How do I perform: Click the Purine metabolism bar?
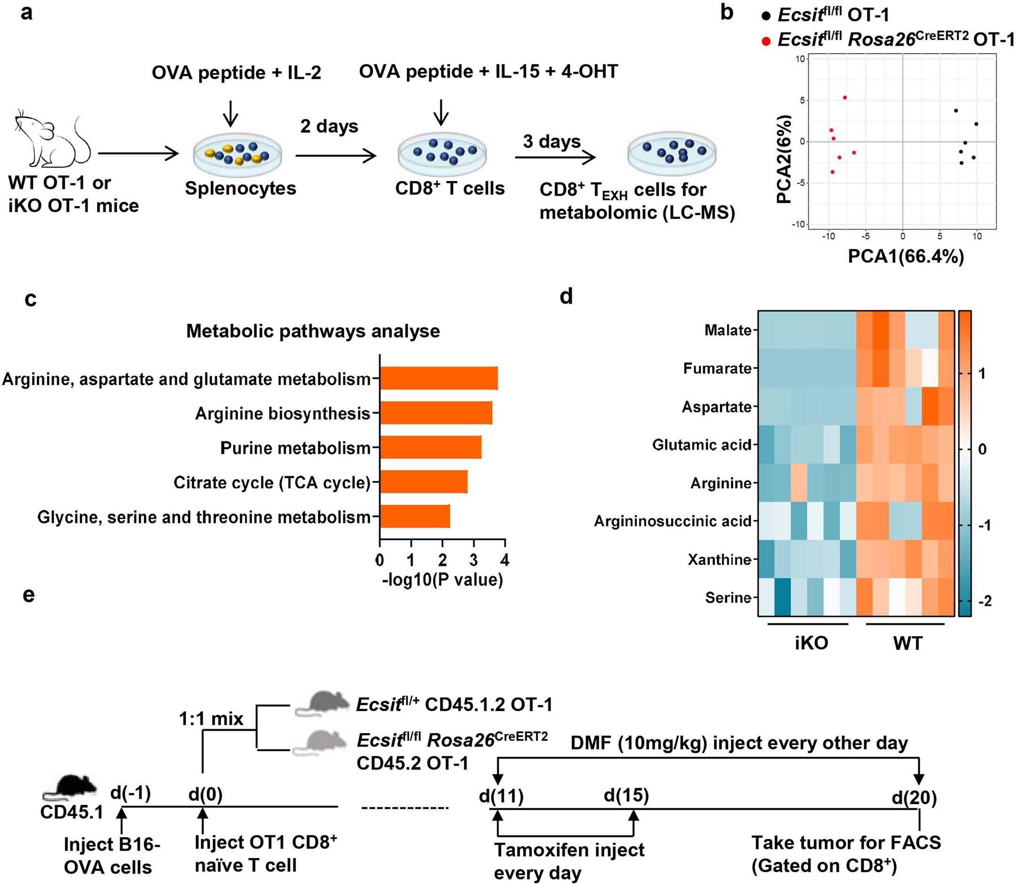pyautogui.click(x=430, y=448)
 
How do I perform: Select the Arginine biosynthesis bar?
pyautogui.click(x=435, y=413)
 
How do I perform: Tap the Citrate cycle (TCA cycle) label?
pyautogui.click(x=272, y=482)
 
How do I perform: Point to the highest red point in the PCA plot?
pyautogui.click(x=844, y=98)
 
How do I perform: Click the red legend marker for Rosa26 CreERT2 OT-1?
pyautogui.click(x=766, y=41)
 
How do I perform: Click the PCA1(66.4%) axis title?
pyautogui.click(x=905, y=257)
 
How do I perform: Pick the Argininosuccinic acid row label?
pyautogui.click(x=672, y=521)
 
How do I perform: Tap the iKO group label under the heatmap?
pyautogui.click(x=811, y=643)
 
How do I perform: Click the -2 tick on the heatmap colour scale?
pyautogui.click(x=984, y=601)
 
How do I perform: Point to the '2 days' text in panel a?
pyautogui.click(x=329, y=126)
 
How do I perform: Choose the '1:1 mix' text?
pyautogui.click(x=211, y=719)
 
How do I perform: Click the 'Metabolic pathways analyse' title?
pyautogui.click(x=313, y=331)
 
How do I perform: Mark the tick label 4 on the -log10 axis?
pyautogui.click(x=504, y=560)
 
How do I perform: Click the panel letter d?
pyautogui.click(x=566, y=297)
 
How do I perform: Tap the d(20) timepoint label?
pyautogui.click(x=914, y=797)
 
